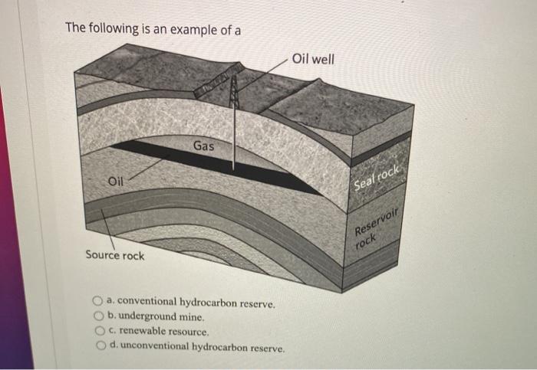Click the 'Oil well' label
tap(313, 59)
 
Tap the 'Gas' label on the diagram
tap(203, 146)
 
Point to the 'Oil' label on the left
tap(115, 182)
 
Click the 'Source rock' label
tap(114, 255)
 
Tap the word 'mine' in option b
tap(191, 316)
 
